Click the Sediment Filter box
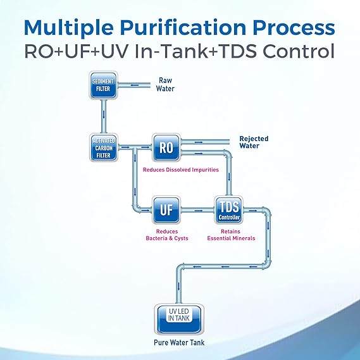[103, 85]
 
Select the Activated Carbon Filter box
[103, 147]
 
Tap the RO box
[166, 147]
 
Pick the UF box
[166, 210]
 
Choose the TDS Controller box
[228, 210]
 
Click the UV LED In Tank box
[179, 320]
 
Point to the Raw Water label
[165, 85]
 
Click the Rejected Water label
[254, 142]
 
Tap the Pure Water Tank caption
[179, 343]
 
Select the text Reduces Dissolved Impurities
[181, 170]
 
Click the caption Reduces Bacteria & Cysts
[167, 235]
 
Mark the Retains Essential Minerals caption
[231, 235]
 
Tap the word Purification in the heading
[183, 28]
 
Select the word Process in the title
[294, 28]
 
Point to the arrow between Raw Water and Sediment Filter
[134, 85]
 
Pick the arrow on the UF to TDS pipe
[199, 210]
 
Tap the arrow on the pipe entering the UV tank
[179, 287]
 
